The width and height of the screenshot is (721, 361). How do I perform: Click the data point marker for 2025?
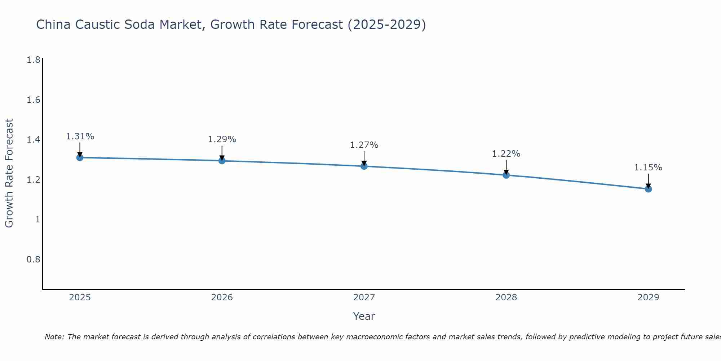coord(80,157)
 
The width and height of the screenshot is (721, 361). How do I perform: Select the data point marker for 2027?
coord(364,166)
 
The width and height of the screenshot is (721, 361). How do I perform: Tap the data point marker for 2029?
coord(648,189)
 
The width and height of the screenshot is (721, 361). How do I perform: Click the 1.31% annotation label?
coord(80,136)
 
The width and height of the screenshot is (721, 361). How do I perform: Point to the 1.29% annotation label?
coord(222,139)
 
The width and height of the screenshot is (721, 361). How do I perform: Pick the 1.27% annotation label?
coord(364,145)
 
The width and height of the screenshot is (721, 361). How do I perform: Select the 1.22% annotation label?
coord(506,154)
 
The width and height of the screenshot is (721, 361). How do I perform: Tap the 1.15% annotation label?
coord(648,168)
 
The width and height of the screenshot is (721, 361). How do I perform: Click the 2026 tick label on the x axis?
coord(222,297)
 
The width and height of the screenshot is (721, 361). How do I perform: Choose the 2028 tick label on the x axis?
coord(506,297)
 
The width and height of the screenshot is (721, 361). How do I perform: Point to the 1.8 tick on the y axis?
coord(34,60)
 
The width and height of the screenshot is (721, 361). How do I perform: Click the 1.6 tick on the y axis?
coord(34,100)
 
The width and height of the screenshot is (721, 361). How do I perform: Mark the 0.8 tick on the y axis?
coord(34,260)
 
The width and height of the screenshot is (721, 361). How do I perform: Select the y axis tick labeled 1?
coord(37,219)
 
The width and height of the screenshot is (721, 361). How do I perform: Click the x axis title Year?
coord(364,316)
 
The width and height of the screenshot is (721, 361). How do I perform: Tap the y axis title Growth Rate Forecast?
coord(9,173)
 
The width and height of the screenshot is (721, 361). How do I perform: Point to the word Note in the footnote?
coord(54,337)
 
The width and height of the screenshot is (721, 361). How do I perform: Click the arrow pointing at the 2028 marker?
coord(506,167)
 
